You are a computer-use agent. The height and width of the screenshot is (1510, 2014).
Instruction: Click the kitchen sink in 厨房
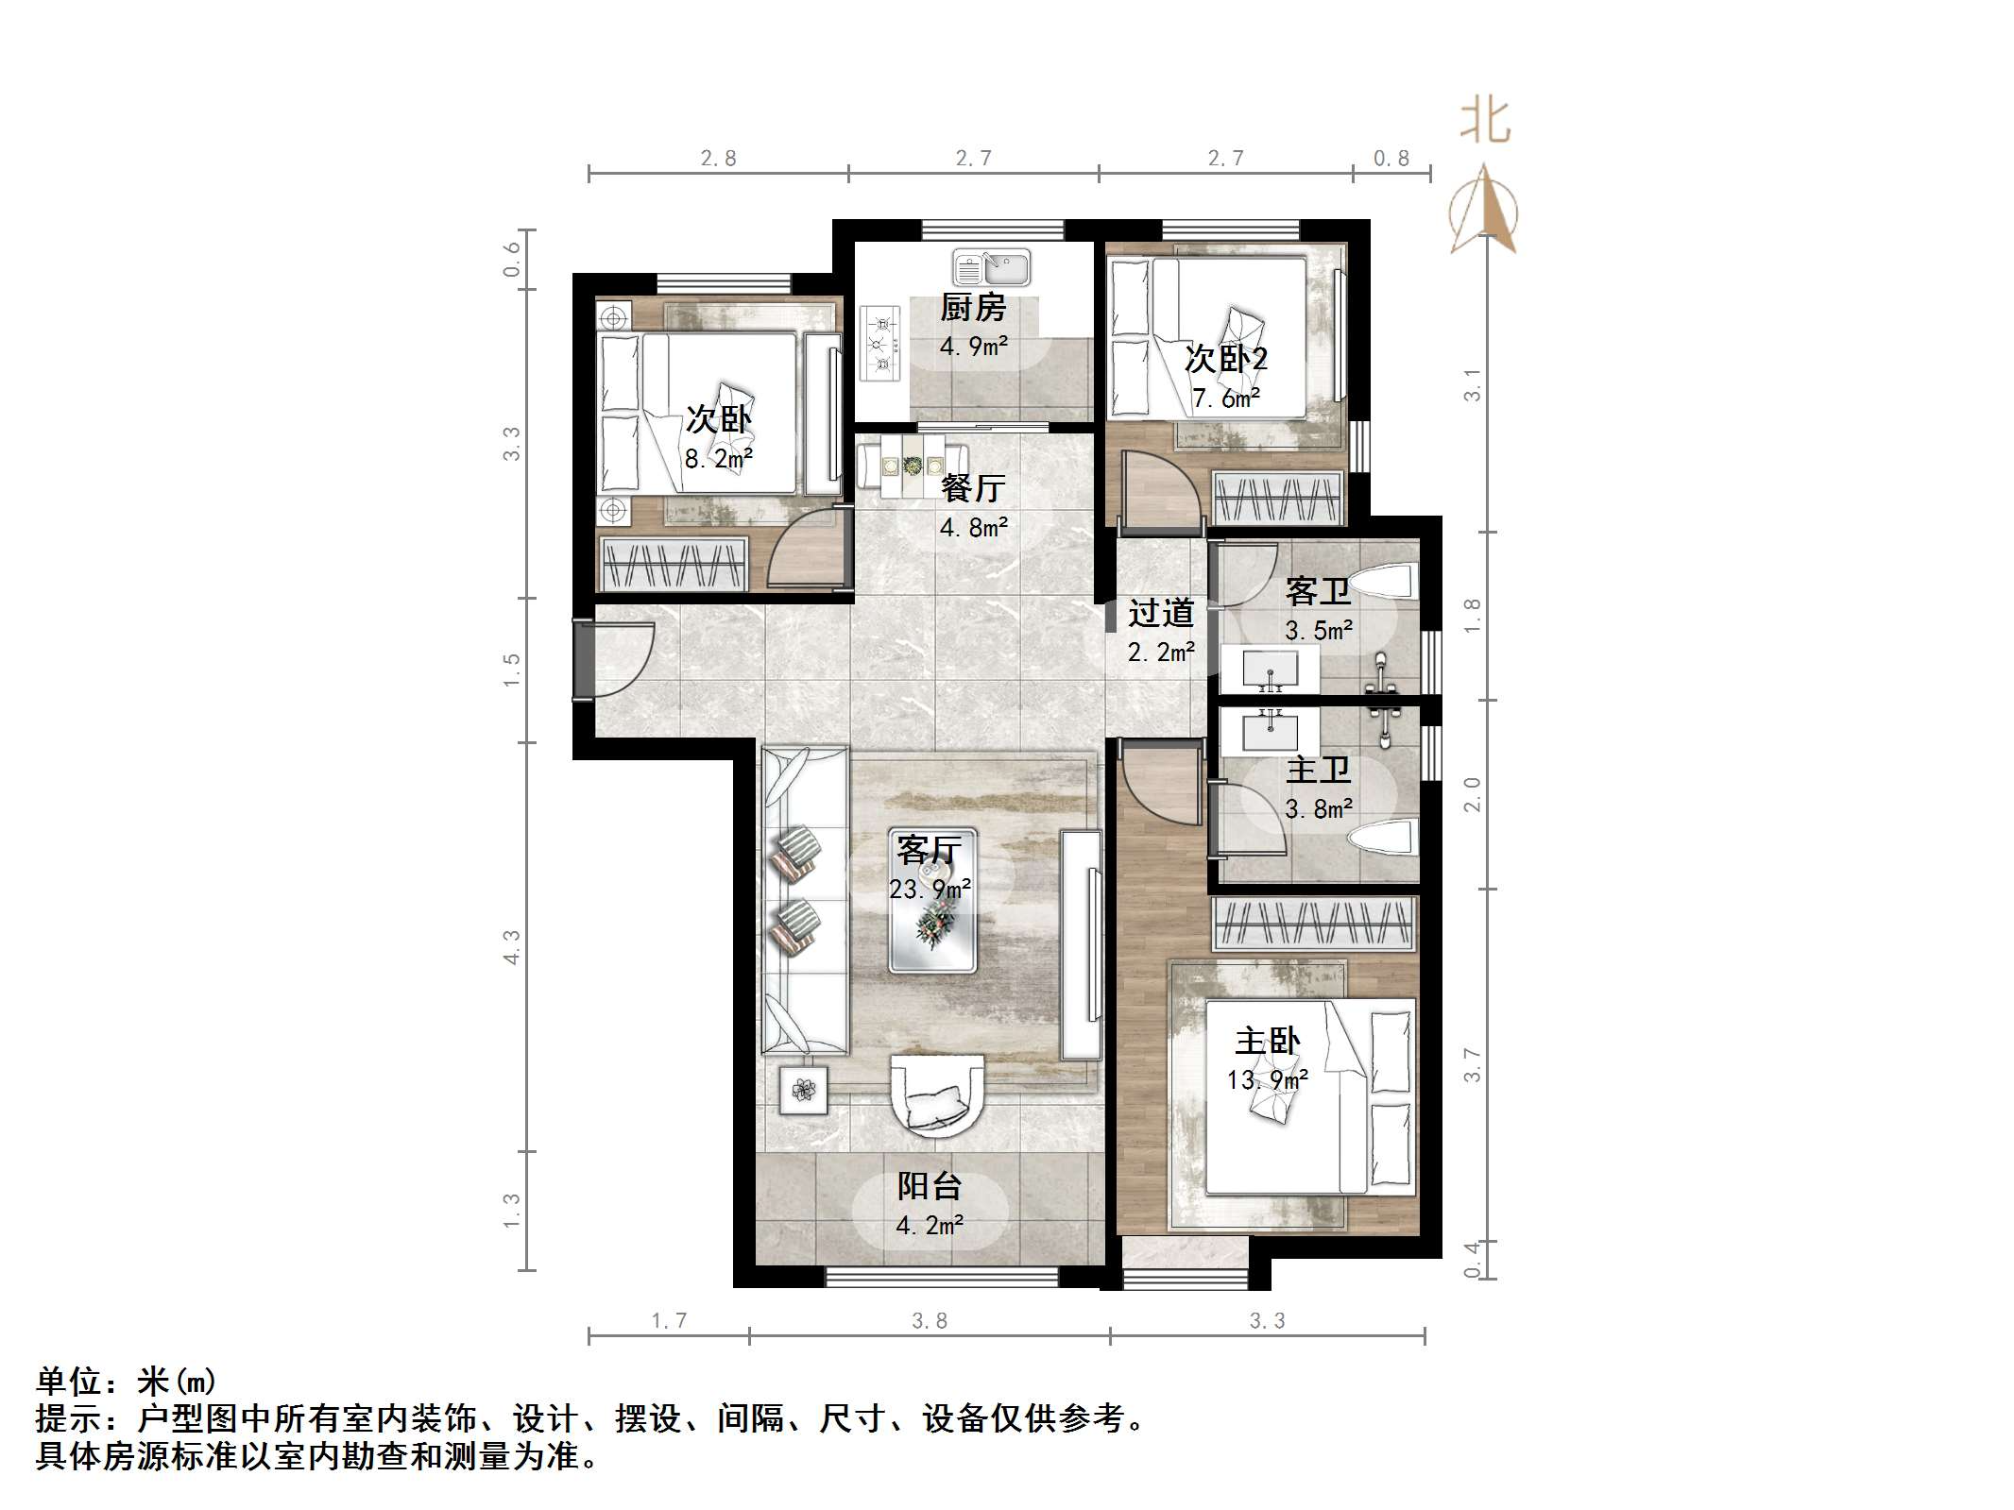[x=991, y=267]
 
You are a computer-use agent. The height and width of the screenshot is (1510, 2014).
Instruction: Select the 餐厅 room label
[x=973, y=488]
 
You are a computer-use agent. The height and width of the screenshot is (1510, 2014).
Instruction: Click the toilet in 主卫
[x=1385, y=838]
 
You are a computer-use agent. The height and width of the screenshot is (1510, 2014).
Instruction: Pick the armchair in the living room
[x=937, y=1094]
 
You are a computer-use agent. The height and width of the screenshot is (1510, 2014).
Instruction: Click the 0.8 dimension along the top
[x=1391, y=159]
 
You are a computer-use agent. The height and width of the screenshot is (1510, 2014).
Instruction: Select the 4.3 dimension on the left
[x=511, y=946]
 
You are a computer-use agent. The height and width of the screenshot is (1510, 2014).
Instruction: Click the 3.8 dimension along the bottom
[x=930, y=1320]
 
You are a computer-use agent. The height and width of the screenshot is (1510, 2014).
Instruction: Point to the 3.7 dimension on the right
[x=1472, y=1065]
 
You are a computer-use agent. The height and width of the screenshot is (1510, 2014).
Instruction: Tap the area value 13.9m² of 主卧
[x=1267, y=1079]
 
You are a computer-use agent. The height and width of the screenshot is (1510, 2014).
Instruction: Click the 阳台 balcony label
[x=930, y=1186]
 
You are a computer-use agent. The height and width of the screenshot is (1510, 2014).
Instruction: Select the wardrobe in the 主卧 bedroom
[x=1314, y=924]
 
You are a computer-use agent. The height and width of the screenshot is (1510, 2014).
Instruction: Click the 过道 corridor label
[x=1161, y=613]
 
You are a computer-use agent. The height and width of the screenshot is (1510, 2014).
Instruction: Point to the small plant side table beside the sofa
[x=804, y=1091]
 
